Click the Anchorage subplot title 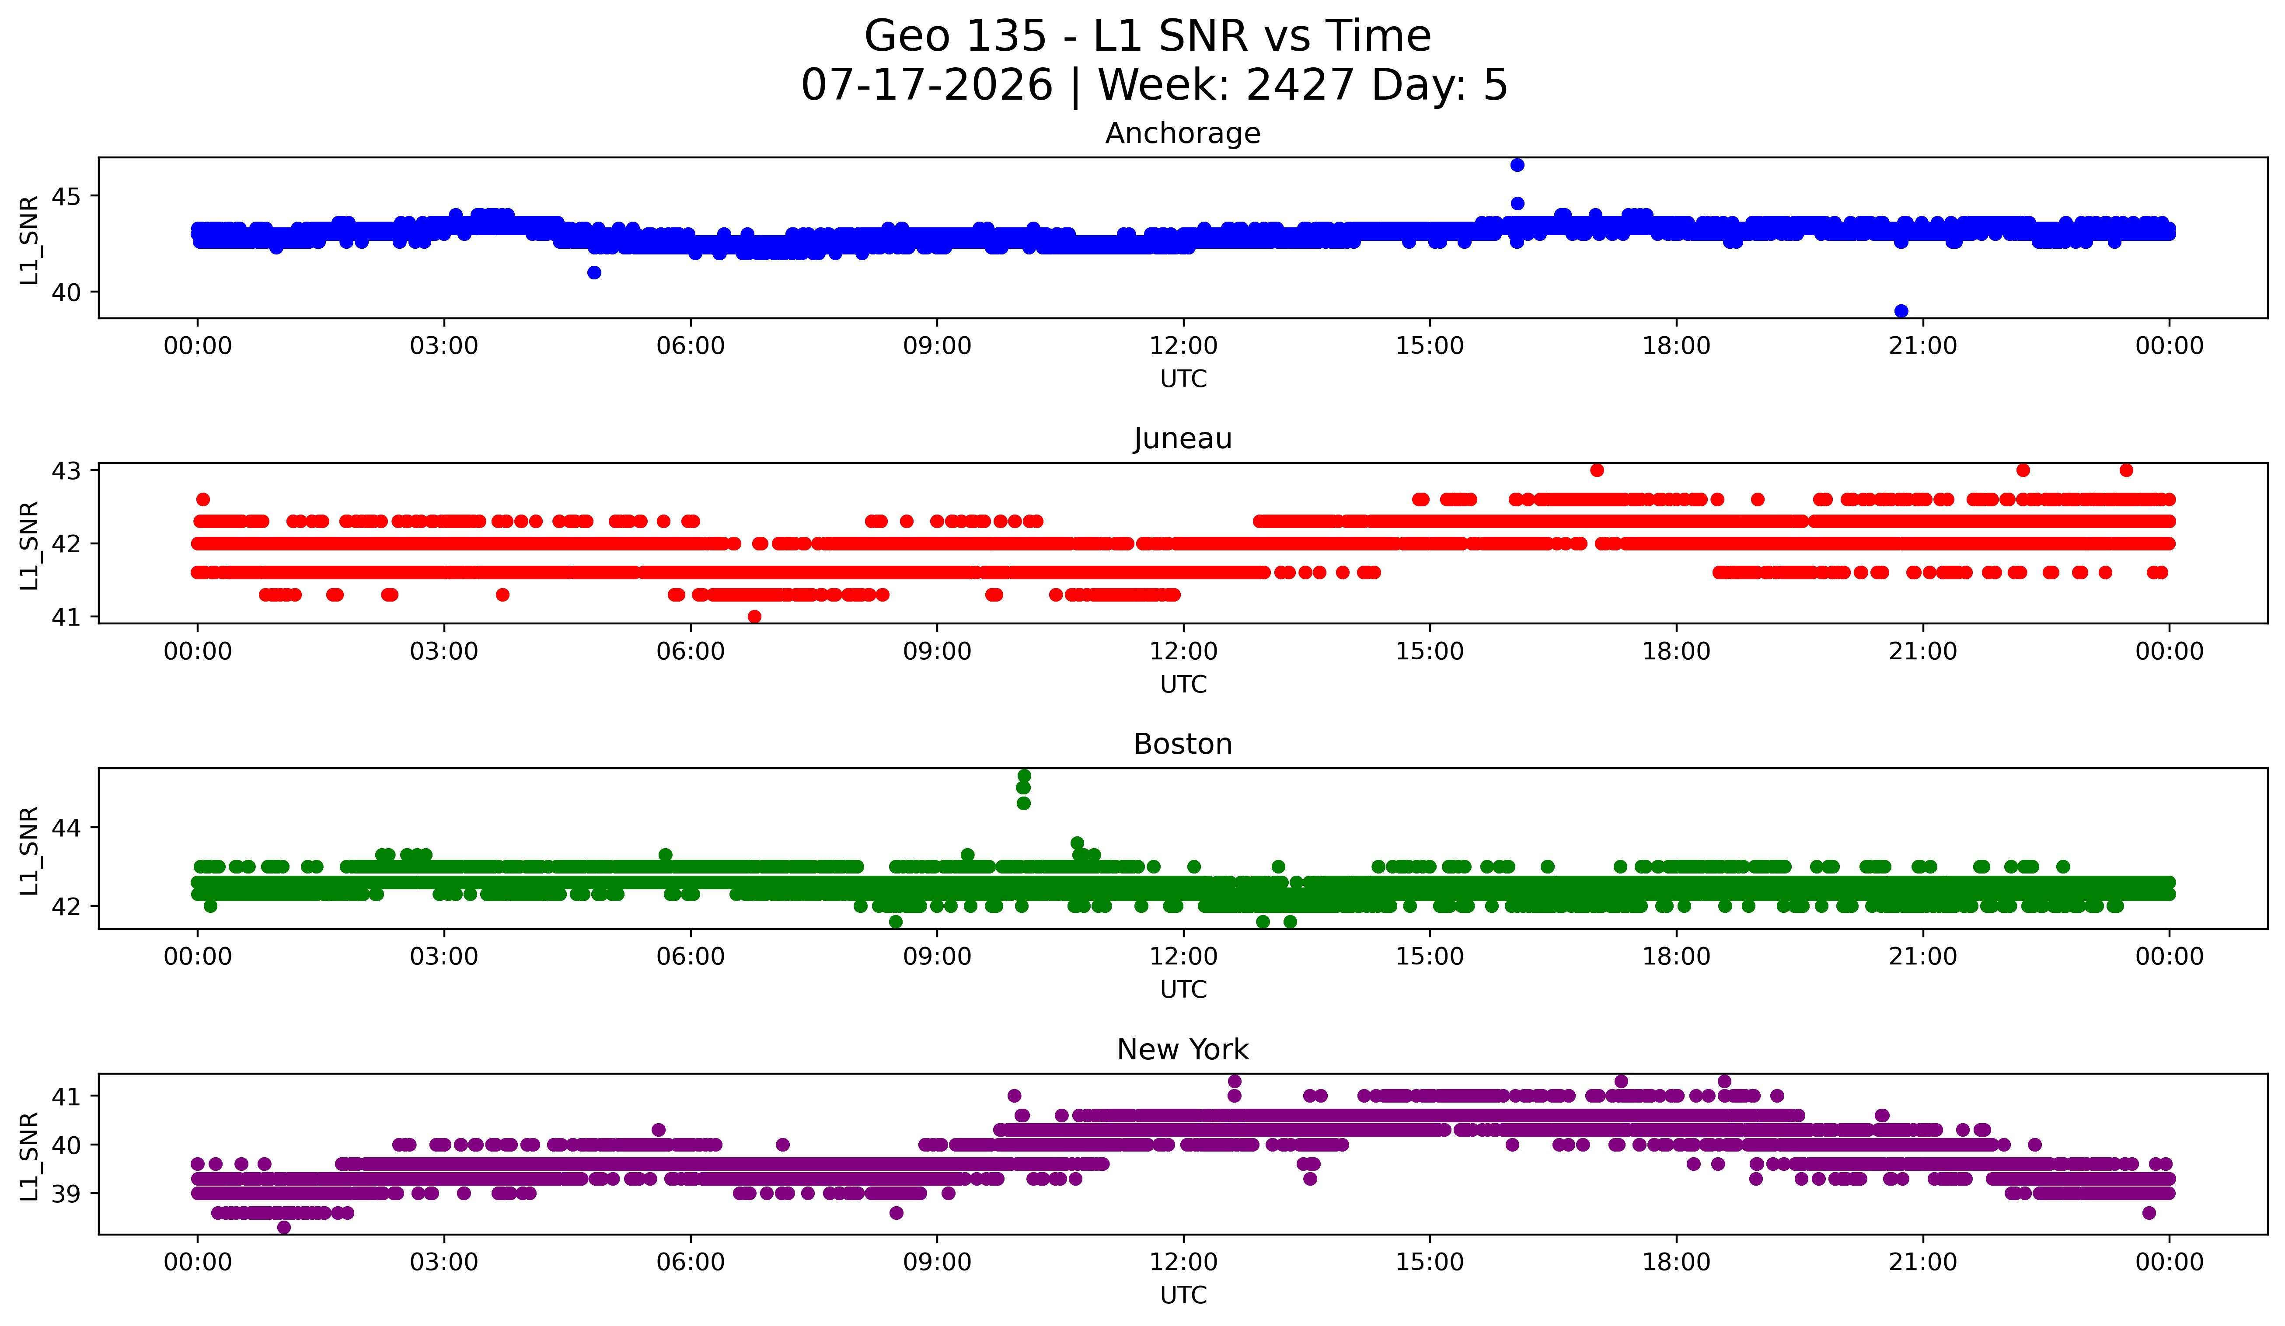tap(1183, 133)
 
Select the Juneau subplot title tap(1183, 439)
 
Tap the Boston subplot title tap(1183, 744)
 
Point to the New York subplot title tap(1183, 1050)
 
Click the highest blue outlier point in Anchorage tap(1517, 165)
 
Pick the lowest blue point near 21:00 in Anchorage tap(1901, 311)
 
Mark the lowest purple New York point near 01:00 tap(284, 1227)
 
